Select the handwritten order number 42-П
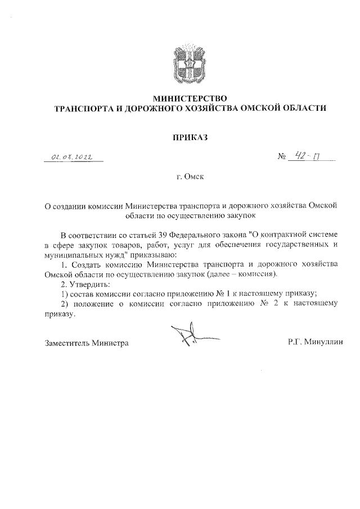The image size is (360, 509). (x=307, y=157)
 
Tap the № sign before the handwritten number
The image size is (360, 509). (x=282, y=159)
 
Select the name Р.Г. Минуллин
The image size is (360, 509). (x=316, y=343)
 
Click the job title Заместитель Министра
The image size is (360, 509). (x=87, y=343)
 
